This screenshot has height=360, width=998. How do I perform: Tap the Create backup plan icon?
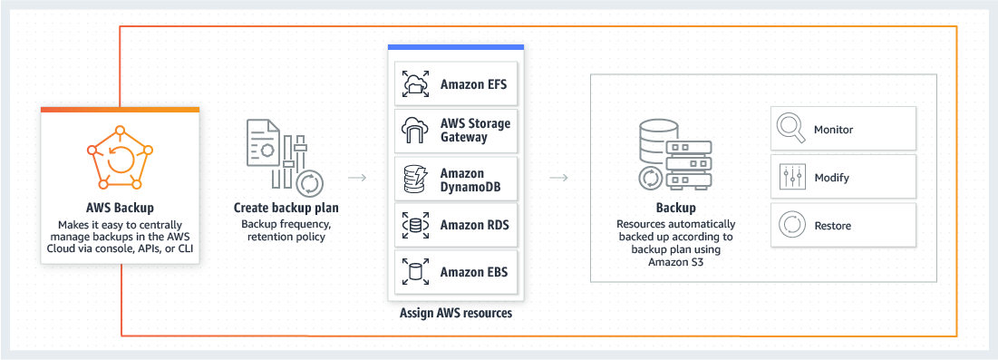tap(284, 155)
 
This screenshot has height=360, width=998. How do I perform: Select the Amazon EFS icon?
tap(415, 84)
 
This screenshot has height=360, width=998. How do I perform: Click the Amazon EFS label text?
tap(473, 85)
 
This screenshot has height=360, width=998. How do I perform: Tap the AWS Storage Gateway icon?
tap(415, 131)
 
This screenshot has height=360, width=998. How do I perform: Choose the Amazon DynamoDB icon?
tap(415, 180)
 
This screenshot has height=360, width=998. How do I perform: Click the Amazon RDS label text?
tap(473, 225)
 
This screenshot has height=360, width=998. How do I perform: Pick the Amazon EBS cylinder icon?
tap(415, 271)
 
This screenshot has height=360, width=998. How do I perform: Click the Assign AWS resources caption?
tap(455, 314)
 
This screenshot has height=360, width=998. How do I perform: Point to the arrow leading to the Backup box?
tap(559, 177)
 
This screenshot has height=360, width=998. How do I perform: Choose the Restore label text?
tap(832, 226)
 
